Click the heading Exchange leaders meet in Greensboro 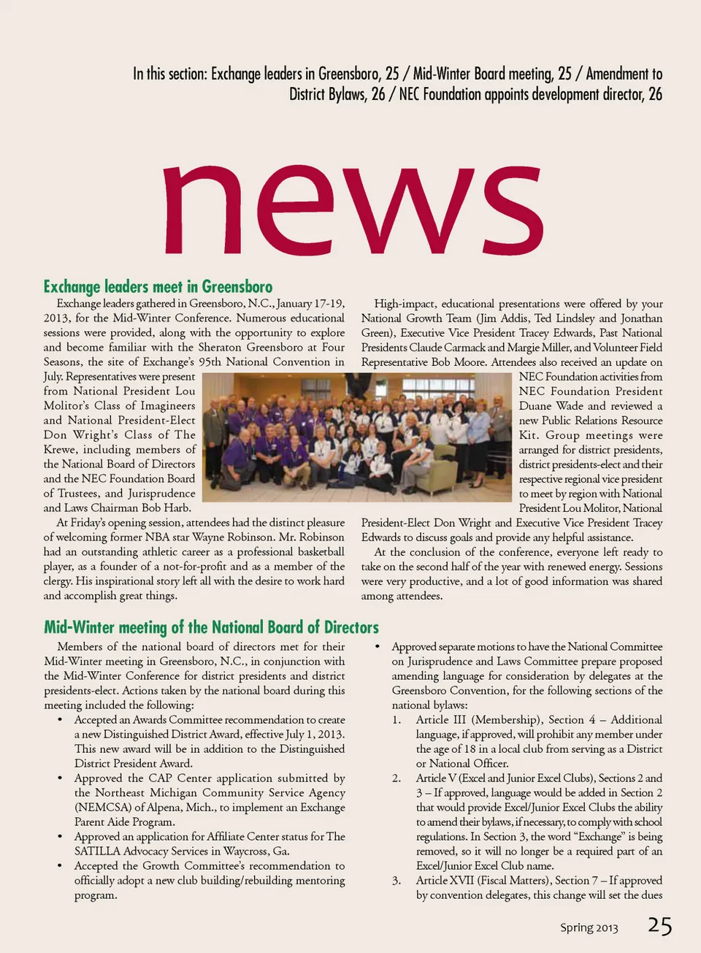(x=158, y=286)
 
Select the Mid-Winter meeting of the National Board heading (x=211, y=627)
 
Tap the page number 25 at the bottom (x=659, y=926)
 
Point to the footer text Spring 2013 (x=589, y=927)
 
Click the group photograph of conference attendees (x=357, y=437)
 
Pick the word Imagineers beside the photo (x=168, y=406)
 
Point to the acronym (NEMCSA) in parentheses (x=103, y=808)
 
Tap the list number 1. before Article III (x=396, y=720)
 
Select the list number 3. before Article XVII (x=396, y=881)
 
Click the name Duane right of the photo (x=535, y=406)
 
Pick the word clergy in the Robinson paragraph (x=58, y=581)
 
